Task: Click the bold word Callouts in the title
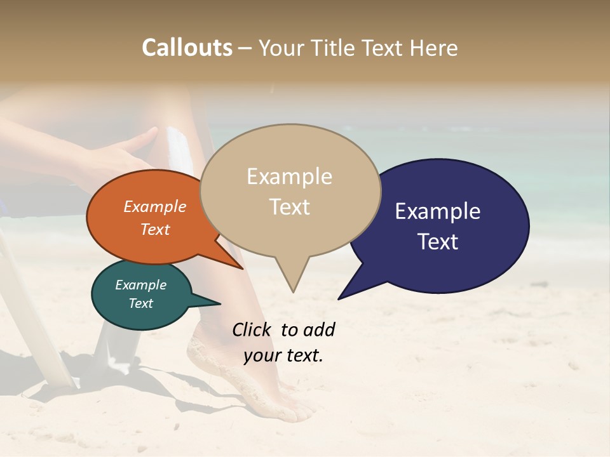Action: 187,48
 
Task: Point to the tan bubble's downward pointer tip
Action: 293,291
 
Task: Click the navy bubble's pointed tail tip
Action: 339,298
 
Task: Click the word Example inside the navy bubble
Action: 438,211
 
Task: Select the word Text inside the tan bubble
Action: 289,206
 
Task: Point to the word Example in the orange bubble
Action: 154,207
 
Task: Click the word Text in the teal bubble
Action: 140,303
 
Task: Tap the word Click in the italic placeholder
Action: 252,329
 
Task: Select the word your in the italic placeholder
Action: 262,355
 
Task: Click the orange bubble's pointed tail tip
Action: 243,268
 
